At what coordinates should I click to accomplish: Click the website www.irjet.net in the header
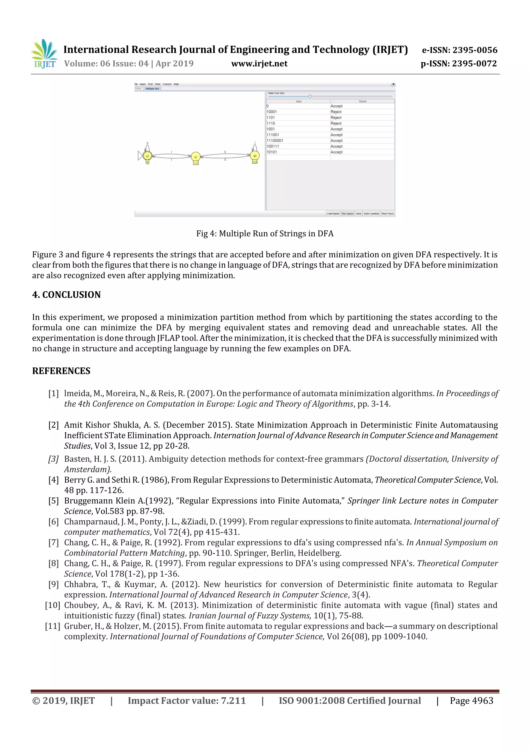(259, 64)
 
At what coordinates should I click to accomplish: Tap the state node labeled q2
(147, 156)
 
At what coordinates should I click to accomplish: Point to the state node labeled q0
(255, 156)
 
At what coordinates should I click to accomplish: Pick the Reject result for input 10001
(336, 112)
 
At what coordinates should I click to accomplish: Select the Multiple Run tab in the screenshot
(152, 89)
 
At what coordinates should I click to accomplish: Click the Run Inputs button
(348, 214)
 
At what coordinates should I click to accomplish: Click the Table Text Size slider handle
(310, 96)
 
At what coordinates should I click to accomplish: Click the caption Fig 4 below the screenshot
(264, 234)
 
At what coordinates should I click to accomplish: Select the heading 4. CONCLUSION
(66, 295)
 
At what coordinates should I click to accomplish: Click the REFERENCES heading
(61, 371)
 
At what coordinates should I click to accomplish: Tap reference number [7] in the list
(54, 543)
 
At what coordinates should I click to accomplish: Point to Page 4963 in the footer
(471, 700)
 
